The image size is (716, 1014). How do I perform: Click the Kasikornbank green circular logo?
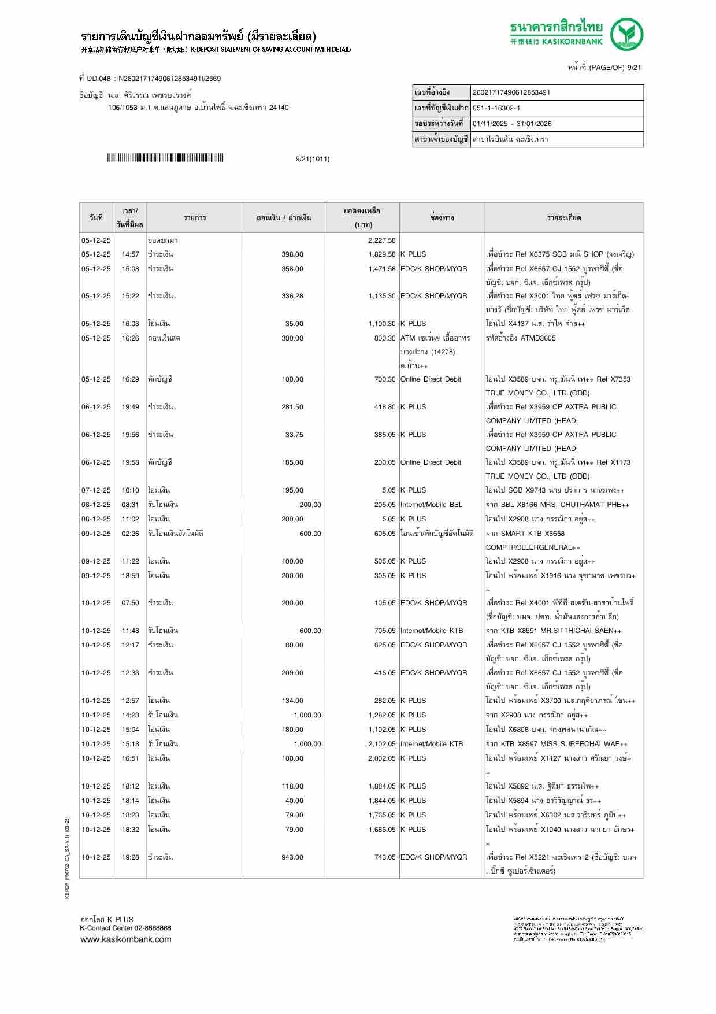pos(628,35)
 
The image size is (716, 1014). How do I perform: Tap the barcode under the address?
pos(165,158)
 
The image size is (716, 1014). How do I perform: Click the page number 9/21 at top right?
pos(634,68)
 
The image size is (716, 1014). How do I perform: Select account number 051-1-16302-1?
pos(496,108)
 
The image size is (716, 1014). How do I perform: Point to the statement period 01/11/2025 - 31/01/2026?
pos(512,124)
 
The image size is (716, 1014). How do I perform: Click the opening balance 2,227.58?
pos(381,240)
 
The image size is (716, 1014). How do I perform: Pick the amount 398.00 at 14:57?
pos(292,254)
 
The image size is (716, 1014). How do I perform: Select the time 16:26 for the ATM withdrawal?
pos(130,338)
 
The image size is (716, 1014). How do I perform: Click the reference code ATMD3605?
pos(537,338)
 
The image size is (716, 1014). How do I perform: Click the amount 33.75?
pos(294,435)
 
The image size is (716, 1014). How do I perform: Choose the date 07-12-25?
pos(96,490)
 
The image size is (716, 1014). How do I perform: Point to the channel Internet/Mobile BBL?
pos(431,505)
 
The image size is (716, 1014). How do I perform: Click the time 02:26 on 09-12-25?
pos(130,534)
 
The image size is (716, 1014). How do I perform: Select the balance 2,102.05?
pos(381,744)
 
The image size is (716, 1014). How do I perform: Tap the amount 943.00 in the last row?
pos(292,857)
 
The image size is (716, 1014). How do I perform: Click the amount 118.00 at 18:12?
pos(292,786)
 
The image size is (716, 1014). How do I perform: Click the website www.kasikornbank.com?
pos(126,939)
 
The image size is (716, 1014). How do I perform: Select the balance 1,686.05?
pos(381,830)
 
